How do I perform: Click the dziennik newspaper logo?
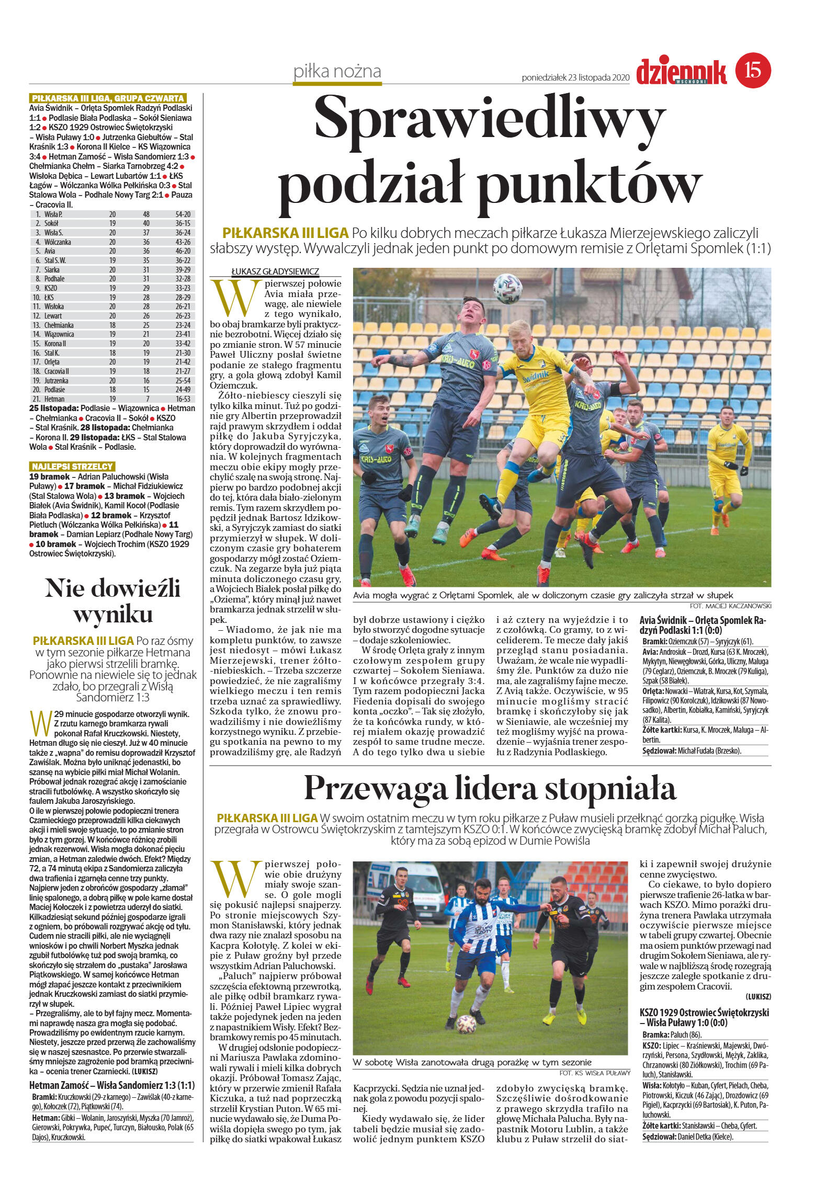pos(681,72)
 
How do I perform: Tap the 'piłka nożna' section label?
pos(337,72)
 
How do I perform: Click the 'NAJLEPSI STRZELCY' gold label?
pos(72,467)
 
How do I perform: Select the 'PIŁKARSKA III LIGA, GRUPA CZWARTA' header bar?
pos(108,98)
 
